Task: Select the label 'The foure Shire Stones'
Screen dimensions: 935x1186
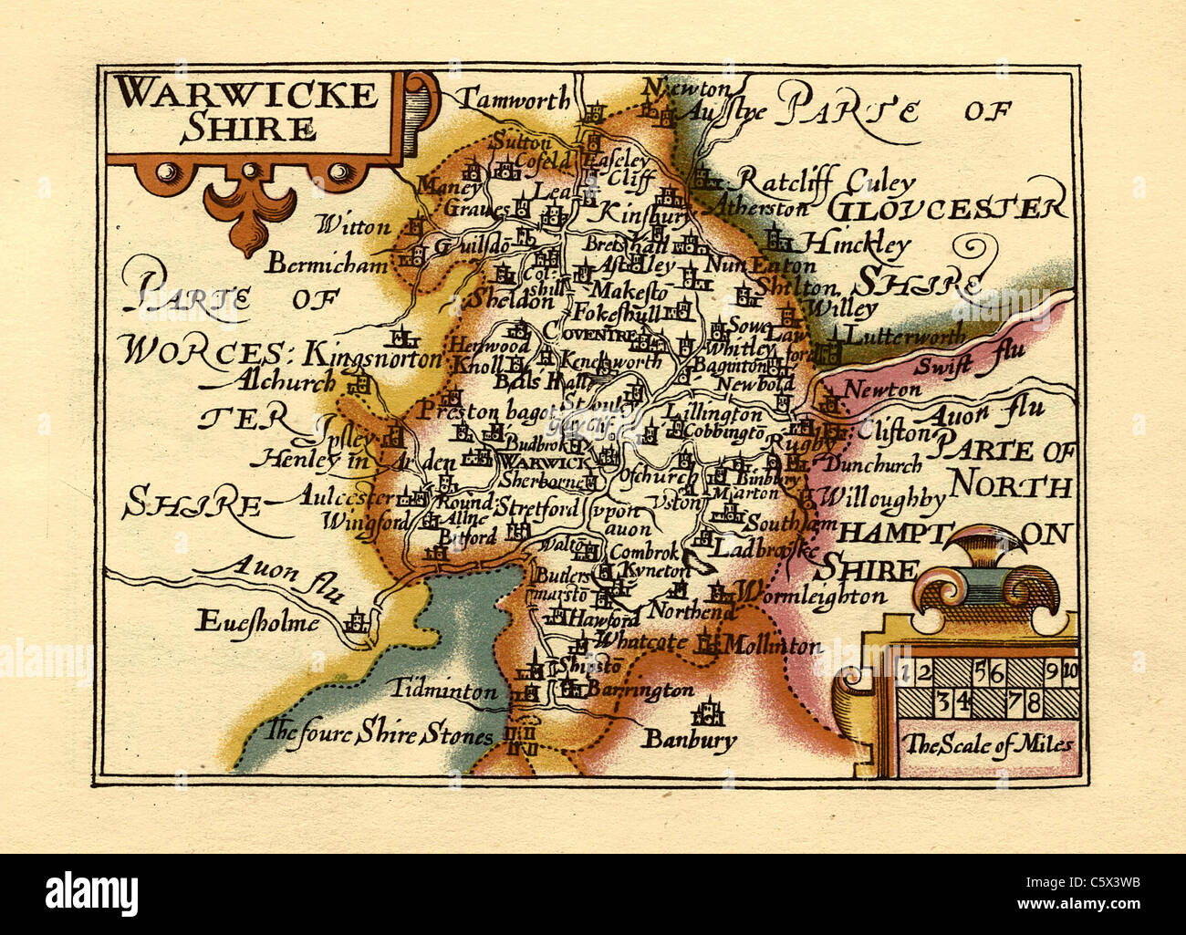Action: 380,732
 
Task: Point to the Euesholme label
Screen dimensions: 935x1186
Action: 257,623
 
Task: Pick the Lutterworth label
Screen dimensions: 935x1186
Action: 905,336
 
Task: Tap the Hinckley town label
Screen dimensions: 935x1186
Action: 856,244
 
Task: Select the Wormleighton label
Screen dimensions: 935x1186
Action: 810,597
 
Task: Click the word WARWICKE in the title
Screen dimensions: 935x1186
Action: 247,95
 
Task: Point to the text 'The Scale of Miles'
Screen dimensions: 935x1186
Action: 988,744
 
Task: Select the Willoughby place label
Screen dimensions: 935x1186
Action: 881,499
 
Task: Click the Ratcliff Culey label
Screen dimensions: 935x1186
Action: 825,180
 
